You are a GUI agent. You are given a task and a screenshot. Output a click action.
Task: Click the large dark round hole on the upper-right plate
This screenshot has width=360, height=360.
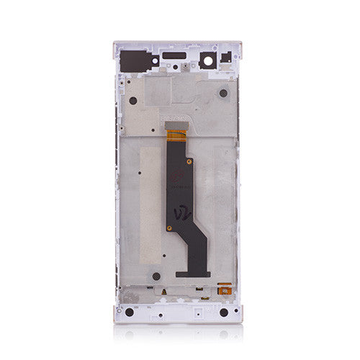pos(223,93)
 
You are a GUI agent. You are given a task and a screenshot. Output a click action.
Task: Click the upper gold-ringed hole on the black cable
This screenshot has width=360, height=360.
pos(189,161)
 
